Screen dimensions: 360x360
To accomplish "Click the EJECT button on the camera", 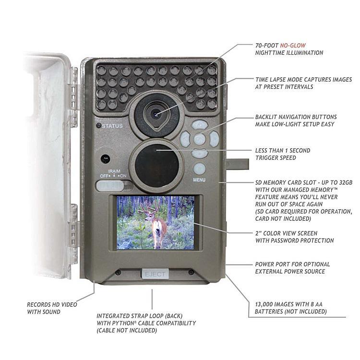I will coord(154,275).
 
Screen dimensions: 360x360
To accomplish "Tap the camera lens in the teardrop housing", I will coord(156,114).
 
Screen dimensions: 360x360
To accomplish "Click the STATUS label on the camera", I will coord(112,126).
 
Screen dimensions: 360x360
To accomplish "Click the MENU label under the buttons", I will coord(199,181).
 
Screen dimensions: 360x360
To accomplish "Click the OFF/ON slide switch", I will coord(113,185).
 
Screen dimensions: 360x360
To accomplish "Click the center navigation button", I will coord(200,140).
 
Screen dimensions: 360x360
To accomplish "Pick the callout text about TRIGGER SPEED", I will coord(282,154).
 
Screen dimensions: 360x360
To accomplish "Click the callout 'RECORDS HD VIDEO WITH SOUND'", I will coord(52,308).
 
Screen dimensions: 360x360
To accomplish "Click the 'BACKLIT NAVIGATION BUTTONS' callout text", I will coord(302,120).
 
